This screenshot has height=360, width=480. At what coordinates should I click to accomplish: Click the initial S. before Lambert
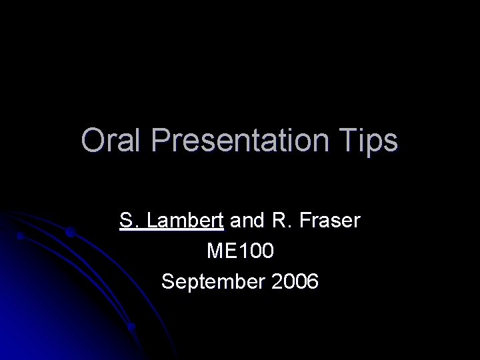(129, 221)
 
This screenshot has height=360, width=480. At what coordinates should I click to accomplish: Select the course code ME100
(240, 251)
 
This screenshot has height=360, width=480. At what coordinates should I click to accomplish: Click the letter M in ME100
(215, 251)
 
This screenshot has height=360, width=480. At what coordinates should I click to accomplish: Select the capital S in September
(168, 282)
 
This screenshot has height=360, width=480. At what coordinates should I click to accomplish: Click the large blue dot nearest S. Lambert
(71, 233)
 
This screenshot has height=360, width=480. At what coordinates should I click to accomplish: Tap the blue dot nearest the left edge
(21, 236)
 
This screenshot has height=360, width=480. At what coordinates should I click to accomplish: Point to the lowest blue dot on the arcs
(131, 327)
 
